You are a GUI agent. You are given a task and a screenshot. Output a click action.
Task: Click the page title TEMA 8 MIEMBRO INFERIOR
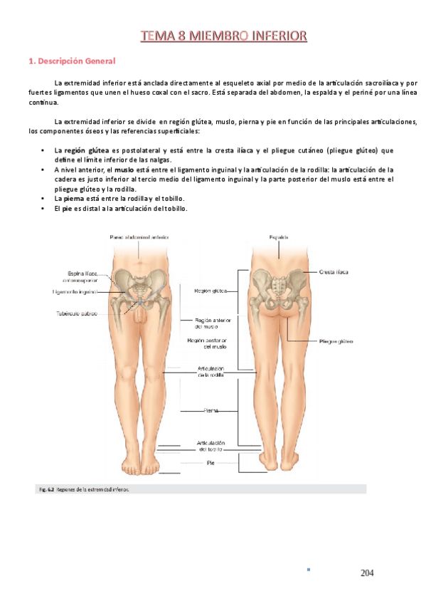223,35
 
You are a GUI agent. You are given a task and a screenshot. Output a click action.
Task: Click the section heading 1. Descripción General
71,61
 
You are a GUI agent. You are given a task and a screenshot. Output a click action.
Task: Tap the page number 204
367,573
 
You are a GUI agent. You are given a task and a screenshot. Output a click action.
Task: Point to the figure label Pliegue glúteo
336,342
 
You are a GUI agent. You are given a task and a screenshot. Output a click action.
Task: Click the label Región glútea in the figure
210,291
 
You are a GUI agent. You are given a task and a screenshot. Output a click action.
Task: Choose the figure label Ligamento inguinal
75,291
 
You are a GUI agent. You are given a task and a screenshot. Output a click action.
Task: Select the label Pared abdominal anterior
139,236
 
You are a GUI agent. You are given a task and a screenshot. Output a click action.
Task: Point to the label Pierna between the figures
211,410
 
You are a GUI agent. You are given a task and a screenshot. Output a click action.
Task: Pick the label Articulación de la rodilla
211,371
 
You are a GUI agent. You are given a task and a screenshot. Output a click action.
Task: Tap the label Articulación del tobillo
211,446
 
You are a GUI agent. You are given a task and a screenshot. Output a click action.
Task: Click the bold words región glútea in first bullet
86,150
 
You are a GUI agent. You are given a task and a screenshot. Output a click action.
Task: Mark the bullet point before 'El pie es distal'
44,208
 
